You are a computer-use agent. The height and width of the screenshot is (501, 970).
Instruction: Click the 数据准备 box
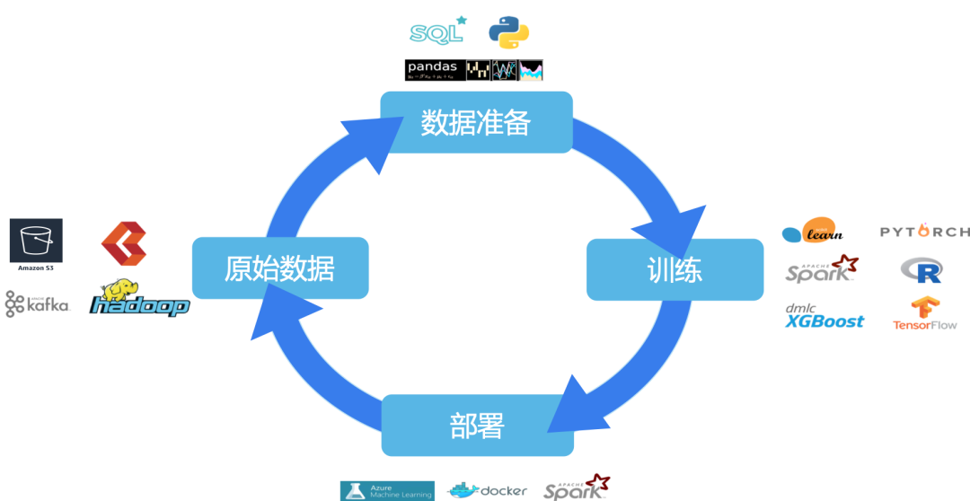point(476,122)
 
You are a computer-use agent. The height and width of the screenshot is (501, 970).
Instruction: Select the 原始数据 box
point(280,268)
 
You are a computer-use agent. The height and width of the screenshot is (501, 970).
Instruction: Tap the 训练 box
point(675,269)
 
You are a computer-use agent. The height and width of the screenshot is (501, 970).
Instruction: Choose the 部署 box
point(477,426)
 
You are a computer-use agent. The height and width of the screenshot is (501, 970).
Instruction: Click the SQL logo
point(437,32)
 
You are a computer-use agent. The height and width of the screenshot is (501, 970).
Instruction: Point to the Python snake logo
point(508,32)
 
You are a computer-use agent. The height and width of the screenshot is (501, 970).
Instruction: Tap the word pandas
point(432,67)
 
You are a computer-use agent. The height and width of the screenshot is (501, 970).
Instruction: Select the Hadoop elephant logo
point(141,299)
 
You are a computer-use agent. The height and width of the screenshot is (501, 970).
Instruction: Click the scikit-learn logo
point(813,231)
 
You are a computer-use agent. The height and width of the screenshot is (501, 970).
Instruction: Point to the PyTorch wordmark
point(923,232)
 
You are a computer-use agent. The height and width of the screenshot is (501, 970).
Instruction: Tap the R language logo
point(921,269)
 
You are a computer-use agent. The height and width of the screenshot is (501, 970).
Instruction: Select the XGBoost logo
point(824,317)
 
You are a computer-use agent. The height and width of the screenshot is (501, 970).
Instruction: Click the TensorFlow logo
point(925,313)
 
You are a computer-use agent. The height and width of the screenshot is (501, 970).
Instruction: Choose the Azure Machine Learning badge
point(387,490)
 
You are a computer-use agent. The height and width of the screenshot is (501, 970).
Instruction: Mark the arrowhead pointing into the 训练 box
point(687,230)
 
